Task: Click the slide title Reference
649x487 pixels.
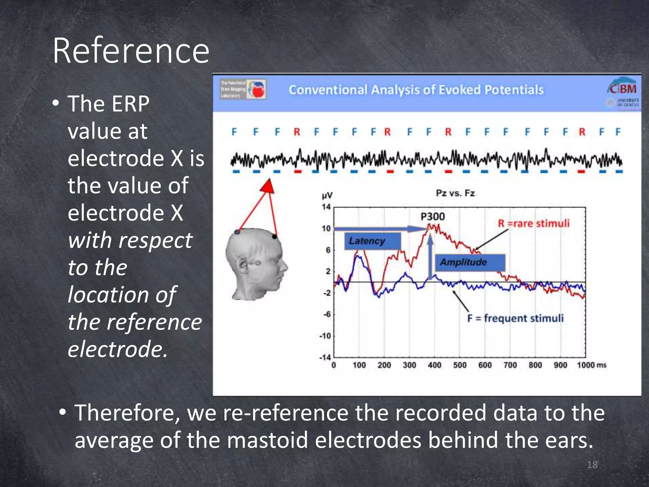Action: [x=131, y=51]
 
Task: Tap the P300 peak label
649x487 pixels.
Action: [x=433, y=217]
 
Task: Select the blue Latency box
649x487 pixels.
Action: [x=372, y=241]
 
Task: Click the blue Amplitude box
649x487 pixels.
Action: [x=470, y=263]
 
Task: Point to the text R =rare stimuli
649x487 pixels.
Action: [x=534, y=224]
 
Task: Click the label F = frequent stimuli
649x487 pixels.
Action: [x=515, y=318]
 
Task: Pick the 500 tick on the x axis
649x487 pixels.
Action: [x=459, y=365]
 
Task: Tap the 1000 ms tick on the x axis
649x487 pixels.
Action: [x=591, y=365]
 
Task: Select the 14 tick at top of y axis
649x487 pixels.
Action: [x=326, y=207]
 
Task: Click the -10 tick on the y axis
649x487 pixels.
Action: [x=325, y=336]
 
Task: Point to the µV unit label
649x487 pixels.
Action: [x=327, y=196]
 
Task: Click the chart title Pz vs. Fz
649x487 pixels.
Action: [x=455, y=193]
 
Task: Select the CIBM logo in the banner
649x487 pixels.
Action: [x=622, y=89]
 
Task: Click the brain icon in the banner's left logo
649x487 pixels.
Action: [x=257, y=89]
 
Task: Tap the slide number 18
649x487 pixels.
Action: [x=592, y=465]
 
